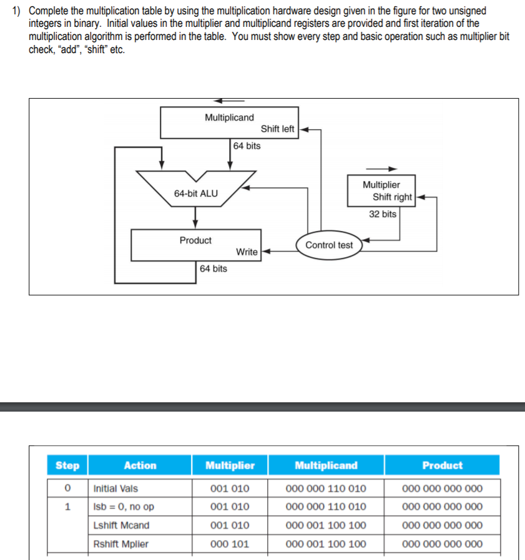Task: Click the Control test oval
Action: click(x=329, y=245)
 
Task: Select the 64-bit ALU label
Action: click(x=196, y=193)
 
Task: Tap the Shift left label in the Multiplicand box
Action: click(x=277, y=129)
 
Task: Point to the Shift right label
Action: click(x=392, y=197)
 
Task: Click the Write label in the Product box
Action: click(x=247, y=252)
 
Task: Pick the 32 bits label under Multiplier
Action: click(x=383, y=214)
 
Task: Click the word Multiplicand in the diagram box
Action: click(x=229, y=117)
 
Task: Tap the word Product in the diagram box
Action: click(x=195, y=240)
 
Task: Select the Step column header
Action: click(x=67, y=465)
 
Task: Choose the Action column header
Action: click(x=140, y=465)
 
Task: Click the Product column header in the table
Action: click(x=442, y=465)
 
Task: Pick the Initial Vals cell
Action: click(x=115, y=489)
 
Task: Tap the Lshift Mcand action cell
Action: click(x=121, y=526)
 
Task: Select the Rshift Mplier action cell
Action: click(x=120, y=544)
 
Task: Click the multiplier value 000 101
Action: click(x=230, y=544)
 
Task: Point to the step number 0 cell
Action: click(x=67, y=488)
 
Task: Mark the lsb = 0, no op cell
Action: click(x=124, y=507)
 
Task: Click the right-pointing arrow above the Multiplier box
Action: click(x=381, y=169)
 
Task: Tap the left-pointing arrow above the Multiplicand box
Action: click(x=229, y=101)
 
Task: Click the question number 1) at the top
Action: click(x=16, y=11)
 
